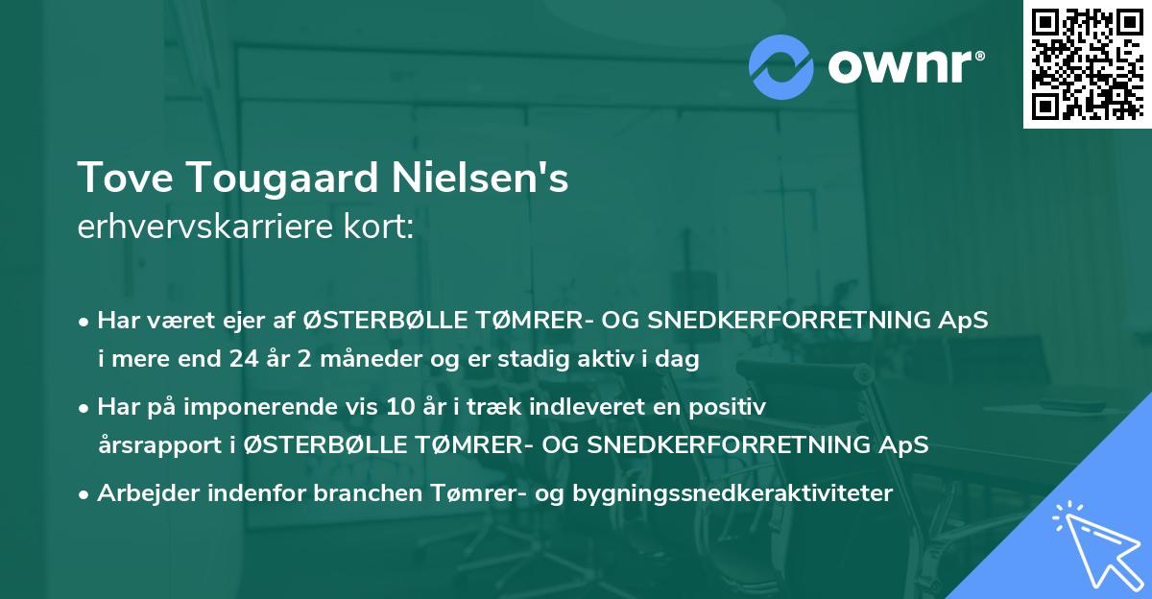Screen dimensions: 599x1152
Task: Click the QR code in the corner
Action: tap(1086, 63)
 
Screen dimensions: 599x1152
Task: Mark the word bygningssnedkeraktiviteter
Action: tap(733, 492)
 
